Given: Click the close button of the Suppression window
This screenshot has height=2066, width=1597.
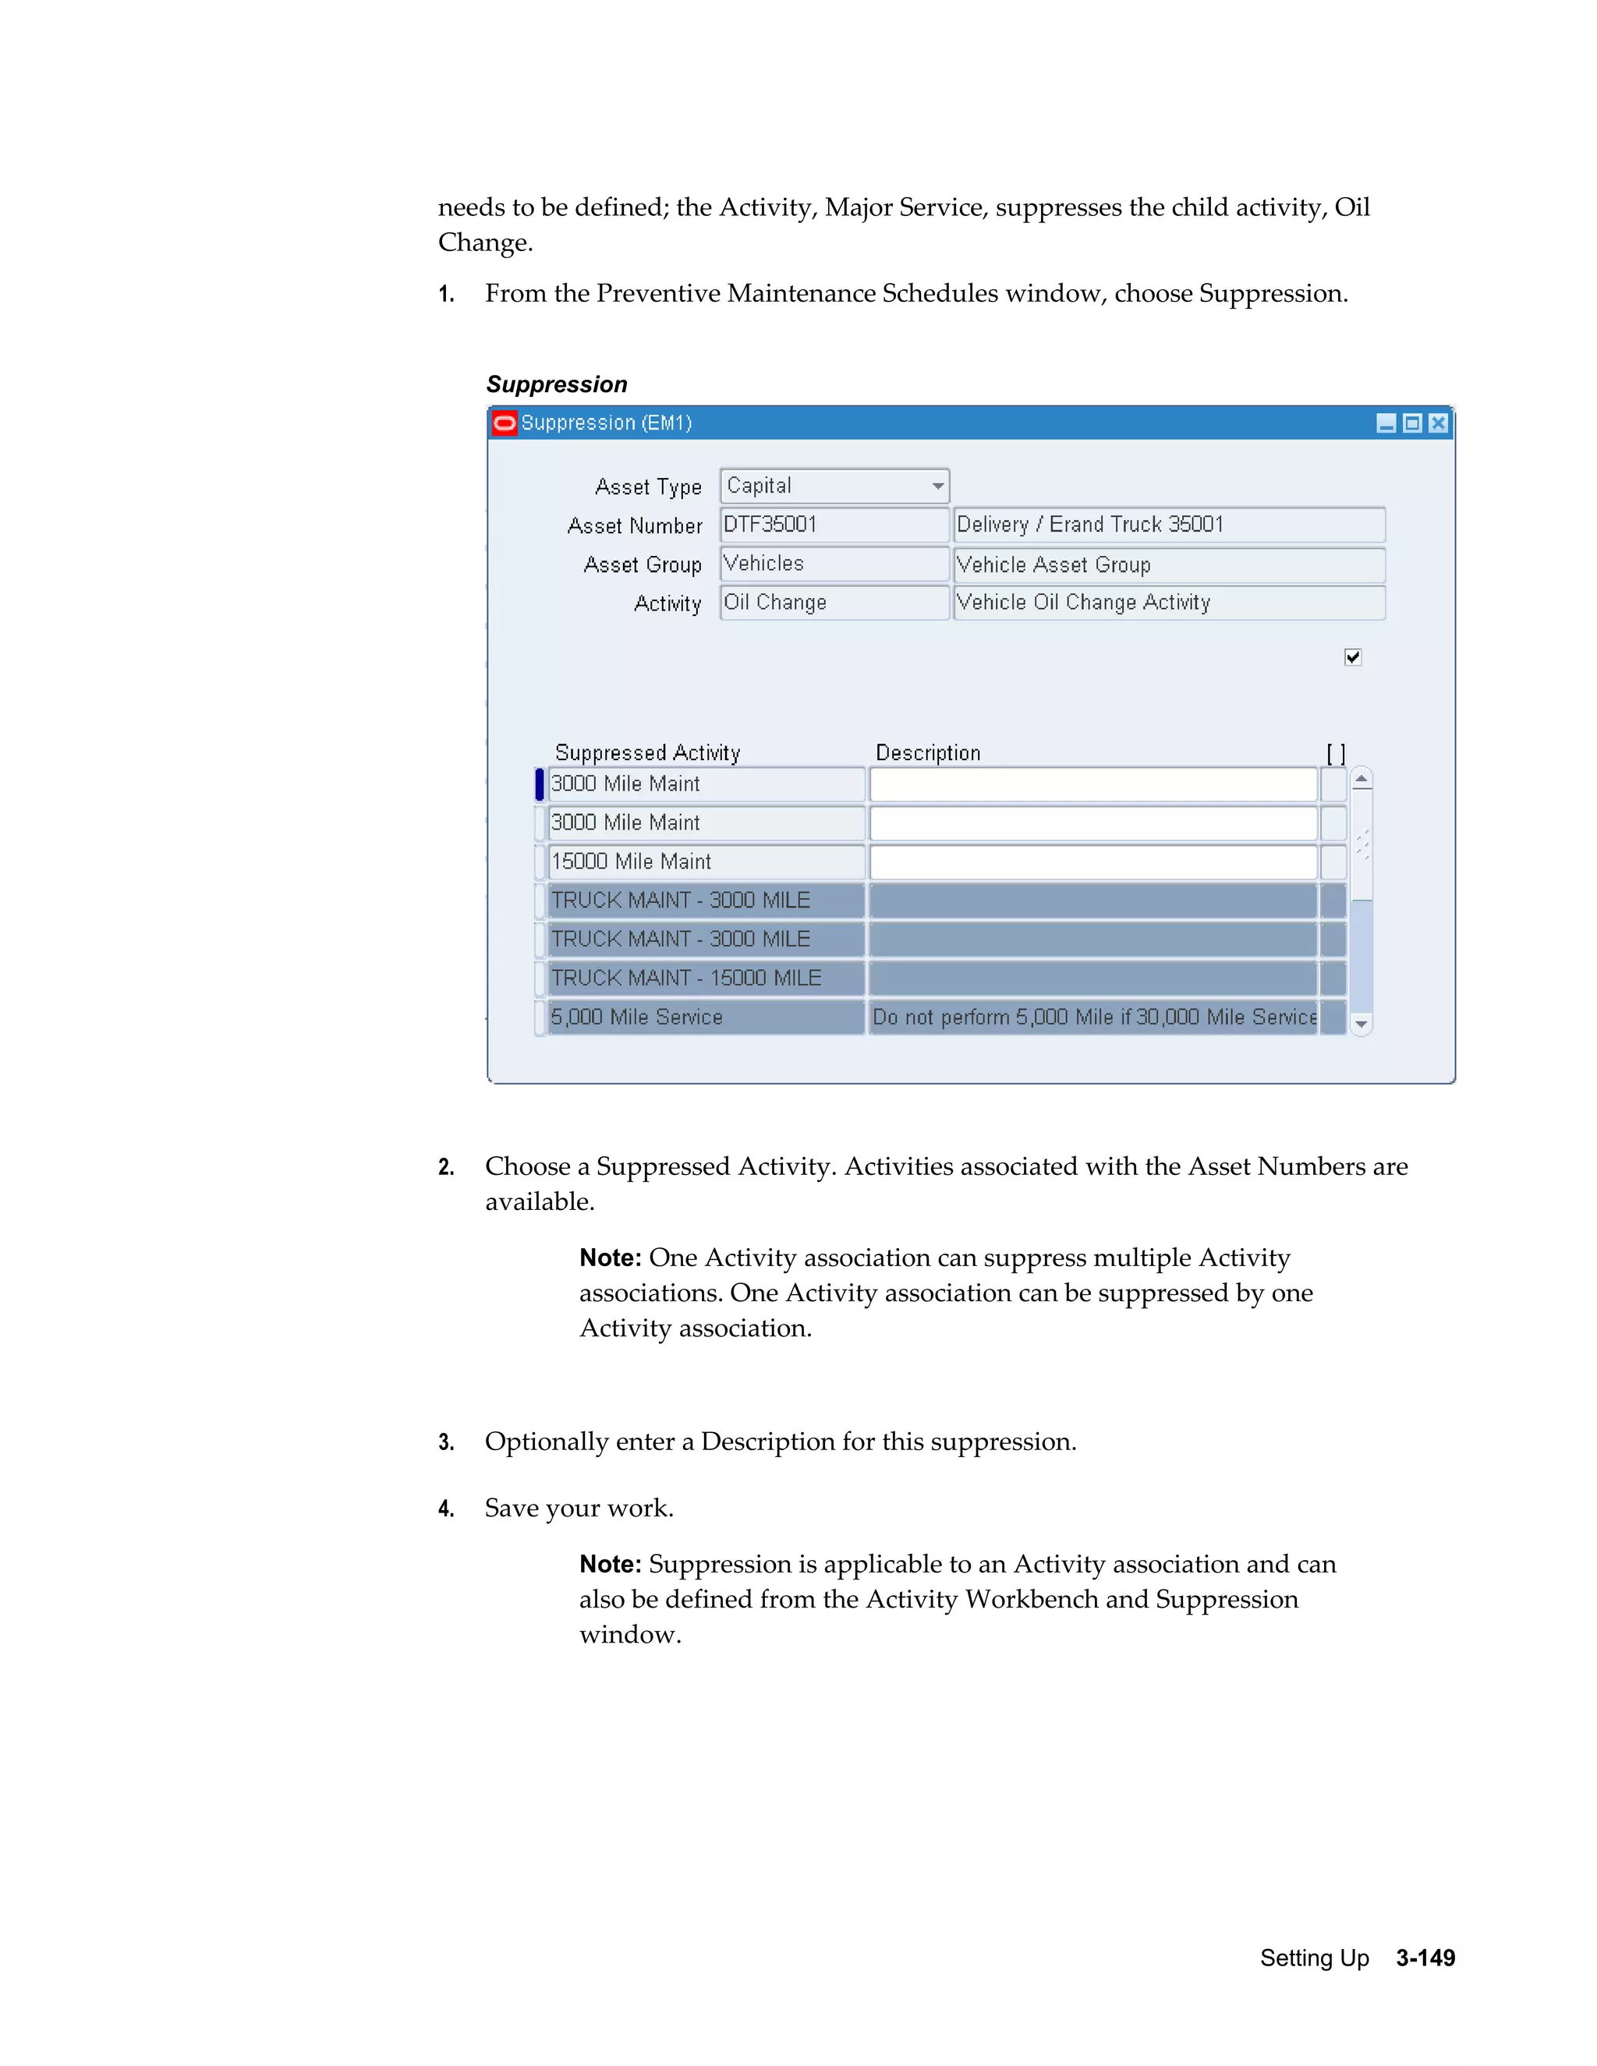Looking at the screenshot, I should [x=1437, y=423].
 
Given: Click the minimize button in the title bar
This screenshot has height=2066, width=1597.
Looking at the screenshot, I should [x=1386, y=423].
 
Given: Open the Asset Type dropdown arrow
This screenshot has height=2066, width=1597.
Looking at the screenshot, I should [x=937, y=486].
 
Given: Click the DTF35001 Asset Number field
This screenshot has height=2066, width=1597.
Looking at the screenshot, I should [x=833, y=525].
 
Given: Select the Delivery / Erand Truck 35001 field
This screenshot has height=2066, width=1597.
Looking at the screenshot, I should [x=1167, y=525].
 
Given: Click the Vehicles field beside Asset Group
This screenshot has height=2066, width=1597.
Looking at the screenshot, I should [x=833, y=564].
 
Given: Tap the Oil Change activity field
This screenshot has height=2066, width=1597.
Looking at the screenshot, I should [x=833, y=603].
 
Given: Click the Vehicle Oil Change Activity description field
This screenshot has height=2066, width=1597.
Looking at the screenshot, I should [x=1167, y=603].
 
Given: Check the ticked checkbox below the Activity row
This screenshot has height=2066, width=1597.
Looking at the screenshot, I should [x=1352, y=657].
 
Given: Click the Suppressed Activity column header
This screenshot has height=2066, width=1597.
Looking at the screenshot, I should [x=647, y=753].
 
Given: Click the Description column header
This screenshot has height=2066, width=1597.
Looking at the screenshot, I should [x=927, y=753].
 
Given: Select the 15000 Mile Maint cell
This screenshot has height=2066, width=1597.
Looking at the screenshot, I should [x=705, y=861].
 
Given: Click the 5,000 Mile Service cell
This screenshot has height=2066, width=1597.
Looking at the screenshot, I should [x=705, y=1017].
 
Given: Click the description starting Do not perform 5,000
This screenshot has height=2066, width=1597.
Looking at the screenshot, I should [x=1092, y=1017].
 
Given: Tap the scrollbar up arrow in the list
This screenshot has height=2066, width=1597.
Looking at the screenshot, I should [x=1362, y=780].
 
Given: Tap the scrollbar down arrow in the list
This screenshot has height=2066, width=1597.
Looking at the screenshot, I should [x=1362, y=1024].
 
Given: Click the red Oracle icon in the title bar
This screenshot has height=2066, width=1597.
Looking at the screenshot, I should [x=505, y=423].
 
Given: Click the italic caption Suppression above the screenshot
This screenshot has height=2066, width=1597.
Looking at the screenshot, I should [x=556, y=384].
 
